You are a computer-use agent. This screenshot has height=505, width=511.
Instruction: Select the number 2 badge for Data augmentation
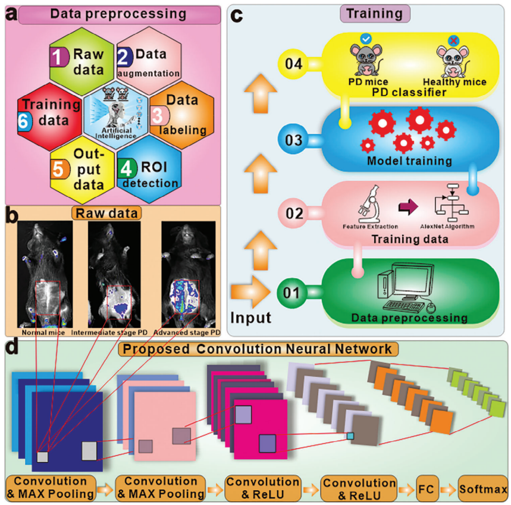point(125,57)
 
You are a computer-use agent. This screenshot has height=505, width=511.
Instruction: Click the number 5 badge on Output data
point(58,169)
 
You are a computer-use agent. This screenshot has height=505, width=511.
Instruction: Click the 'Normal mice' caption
point(43,332)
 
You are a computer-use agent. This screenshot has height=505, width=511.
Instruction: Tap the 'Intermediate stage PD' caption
point(113,332)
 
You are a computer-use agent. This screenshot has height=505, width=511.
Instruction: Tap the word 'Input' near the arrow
point(251,317)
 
